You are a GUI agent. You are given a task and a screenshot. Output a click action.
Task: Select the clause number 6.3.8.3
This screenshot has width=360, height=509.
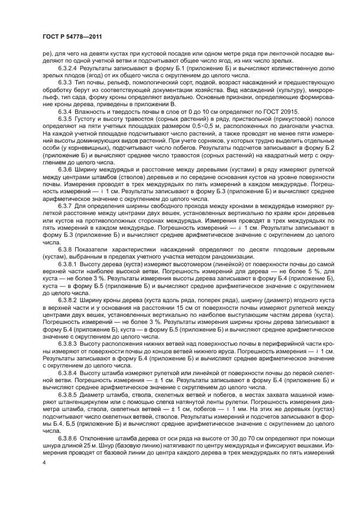tap(68, 344)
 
